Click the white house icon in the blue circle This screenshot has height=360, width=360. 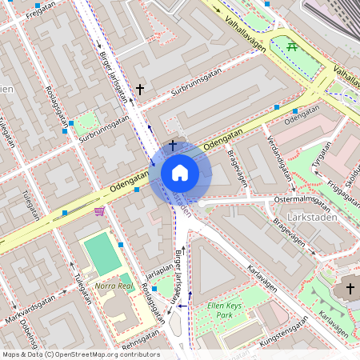point(179,172)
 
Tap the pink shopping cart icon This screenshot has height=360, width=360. point(99,211)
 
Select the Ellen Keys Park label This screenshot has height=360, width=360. point(224,310)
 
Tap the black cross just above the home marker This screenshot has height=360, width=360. point(172,144)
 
